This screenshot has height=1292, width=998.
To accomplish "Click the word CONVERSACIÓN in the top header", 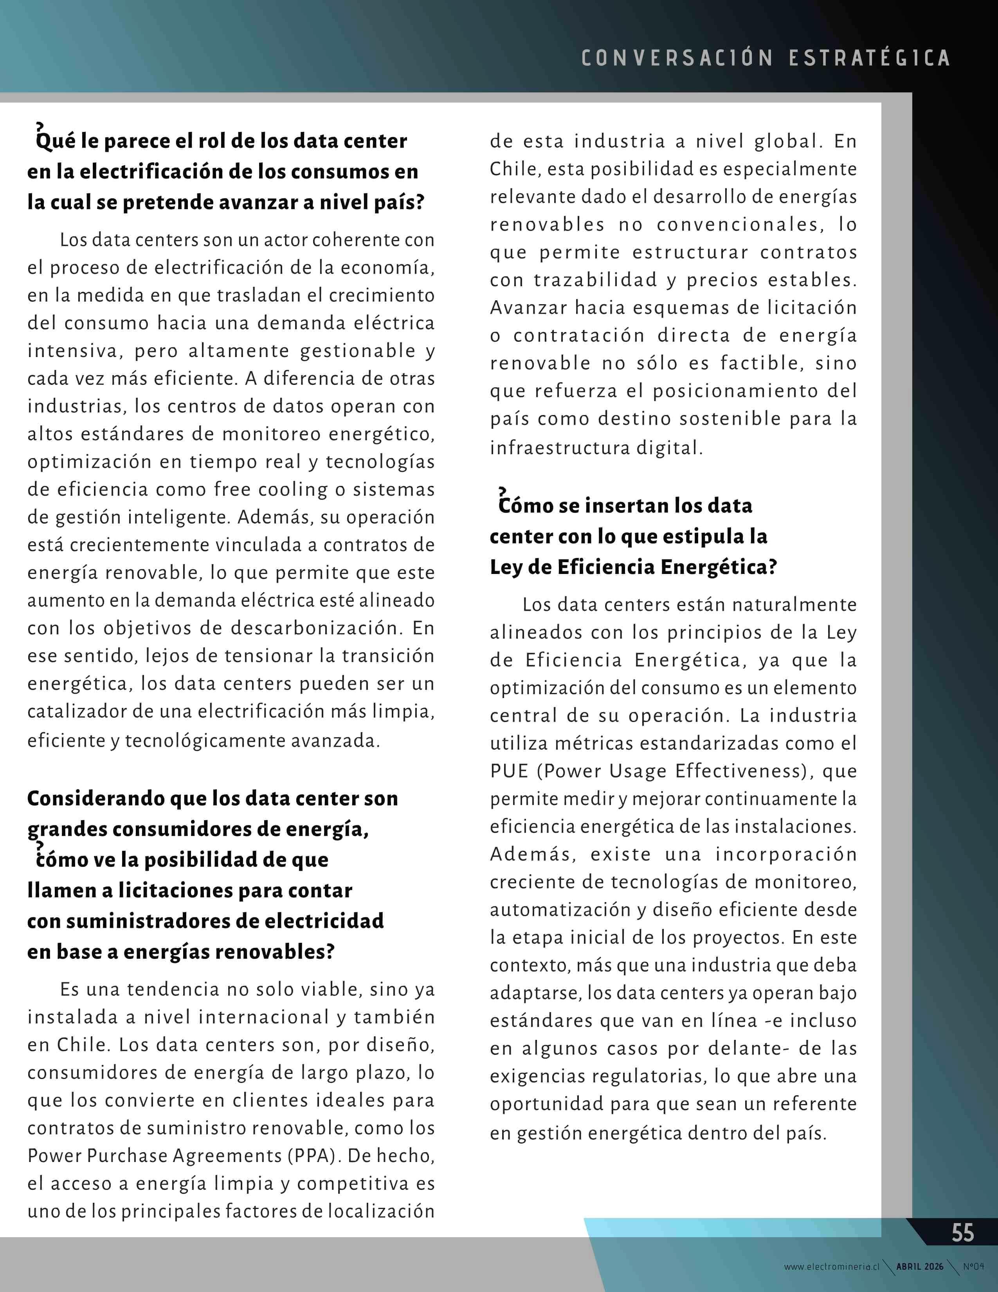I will [677, 58].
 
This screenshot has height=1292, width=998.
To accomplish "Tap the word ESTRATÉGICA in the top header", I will [869, 58].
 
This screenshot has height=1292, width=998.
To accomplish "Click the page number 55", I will [962, 1233].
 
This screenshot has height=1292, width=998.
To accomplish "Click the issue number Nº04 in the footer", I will [973, 1267].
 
